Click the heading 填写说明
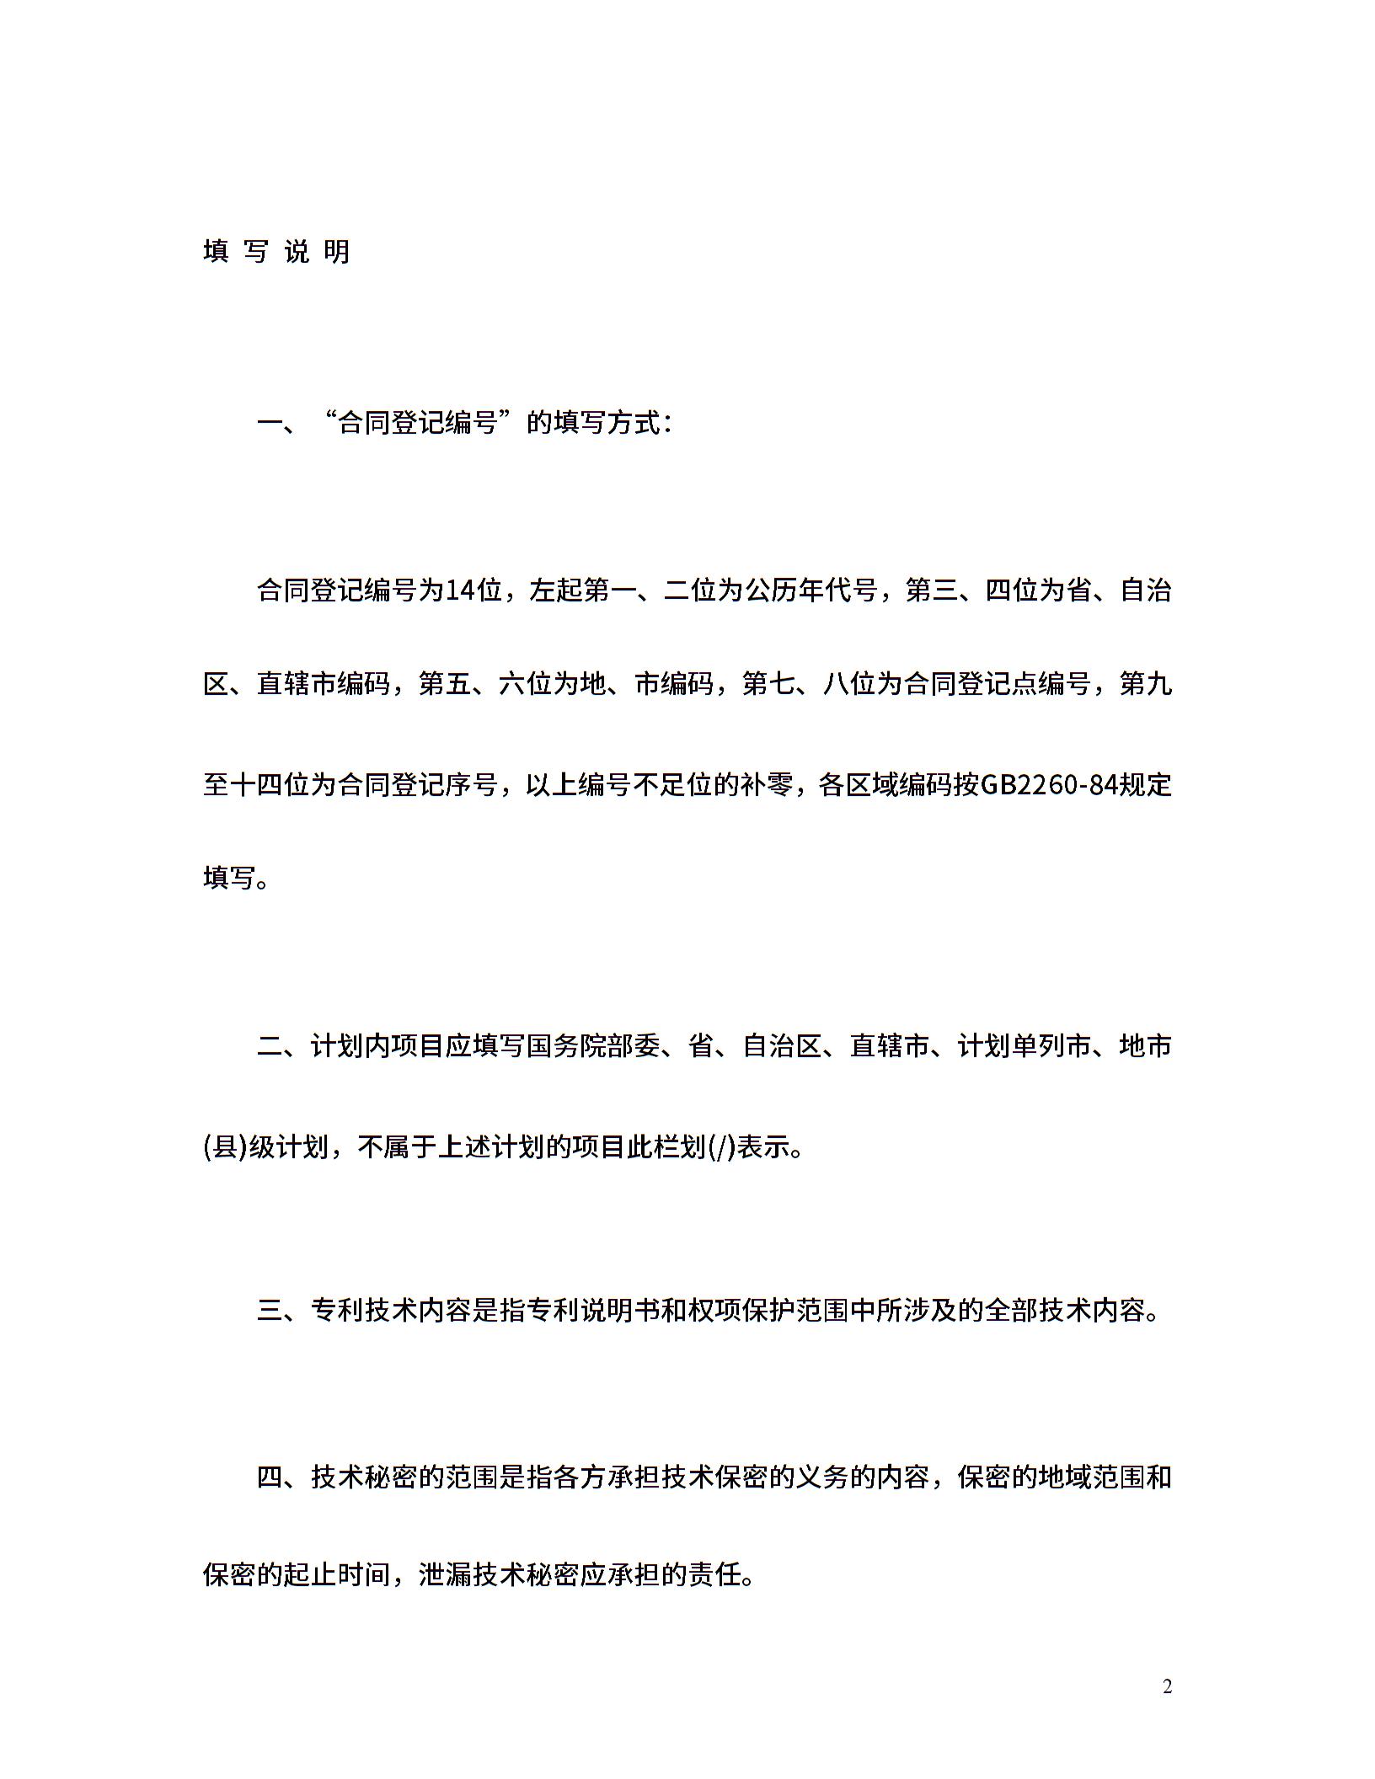coord(276,251)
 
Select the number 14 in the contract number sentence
coord(460,591)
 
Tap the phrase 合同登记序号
coord(419,785)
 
